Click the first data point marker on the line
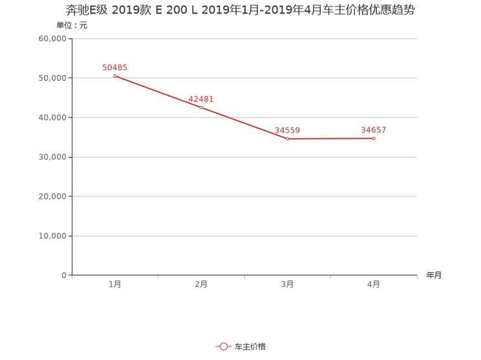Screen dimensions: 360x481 tap(115, 76)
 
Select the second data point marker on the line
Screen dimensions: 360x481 tap(201, 107)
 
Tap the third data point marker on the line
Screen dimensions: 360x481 tap(287, 138)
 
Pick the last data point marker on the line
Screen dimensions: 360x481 tap(374, 138)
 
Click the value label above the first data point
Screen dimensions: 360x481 tap(115, 67)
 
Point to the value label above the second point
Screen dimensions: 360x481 tap(201, 98)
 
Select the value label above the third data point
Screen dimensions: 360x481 tap(287, 130)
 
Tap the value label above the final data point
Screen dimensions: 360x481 tap(374, 130)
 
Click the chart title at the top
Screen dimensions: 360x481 tap(240, 10)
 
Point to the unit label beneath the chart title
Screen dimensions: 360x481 tap(71, 26)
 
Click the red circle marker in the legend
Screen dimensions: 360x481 tap(223, 346)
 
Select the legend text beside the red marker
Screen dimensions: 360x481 tap(250, 346)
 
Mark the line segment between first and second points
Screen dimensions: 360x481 tap(158, 91)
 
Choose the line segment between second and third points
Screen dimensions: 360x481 tap(244, 123)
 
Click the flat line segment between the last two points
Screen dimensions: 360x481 tap(330, 138)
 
